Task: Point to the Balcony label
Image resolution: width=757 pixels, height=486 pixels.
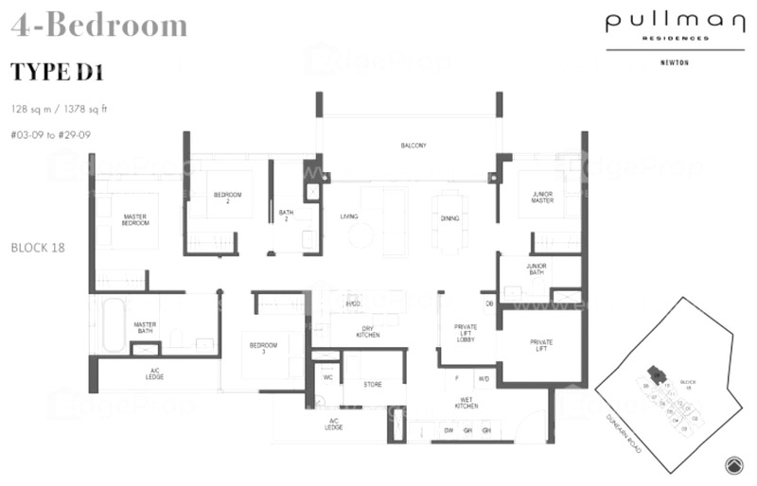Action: click(x=413, y=146)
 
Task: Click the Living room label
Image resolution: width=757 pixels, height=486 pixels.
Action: click(x=349, y=217)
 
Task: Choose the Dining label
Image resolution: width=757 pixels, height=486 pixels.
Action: click(x=449, y=218)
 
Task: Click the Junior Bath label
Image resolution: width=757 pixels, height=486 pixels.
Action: click(x=537, y=270)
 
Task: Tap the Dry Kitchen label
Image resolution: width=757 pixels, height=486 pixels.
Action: click(x=368, y=332)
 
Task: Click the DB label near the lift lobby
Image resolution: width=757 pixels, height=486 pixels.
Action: click(x=489, y=304)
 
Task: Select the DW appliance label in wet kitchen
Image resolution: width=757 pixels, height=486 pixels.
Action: click(x=449, y=431)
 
